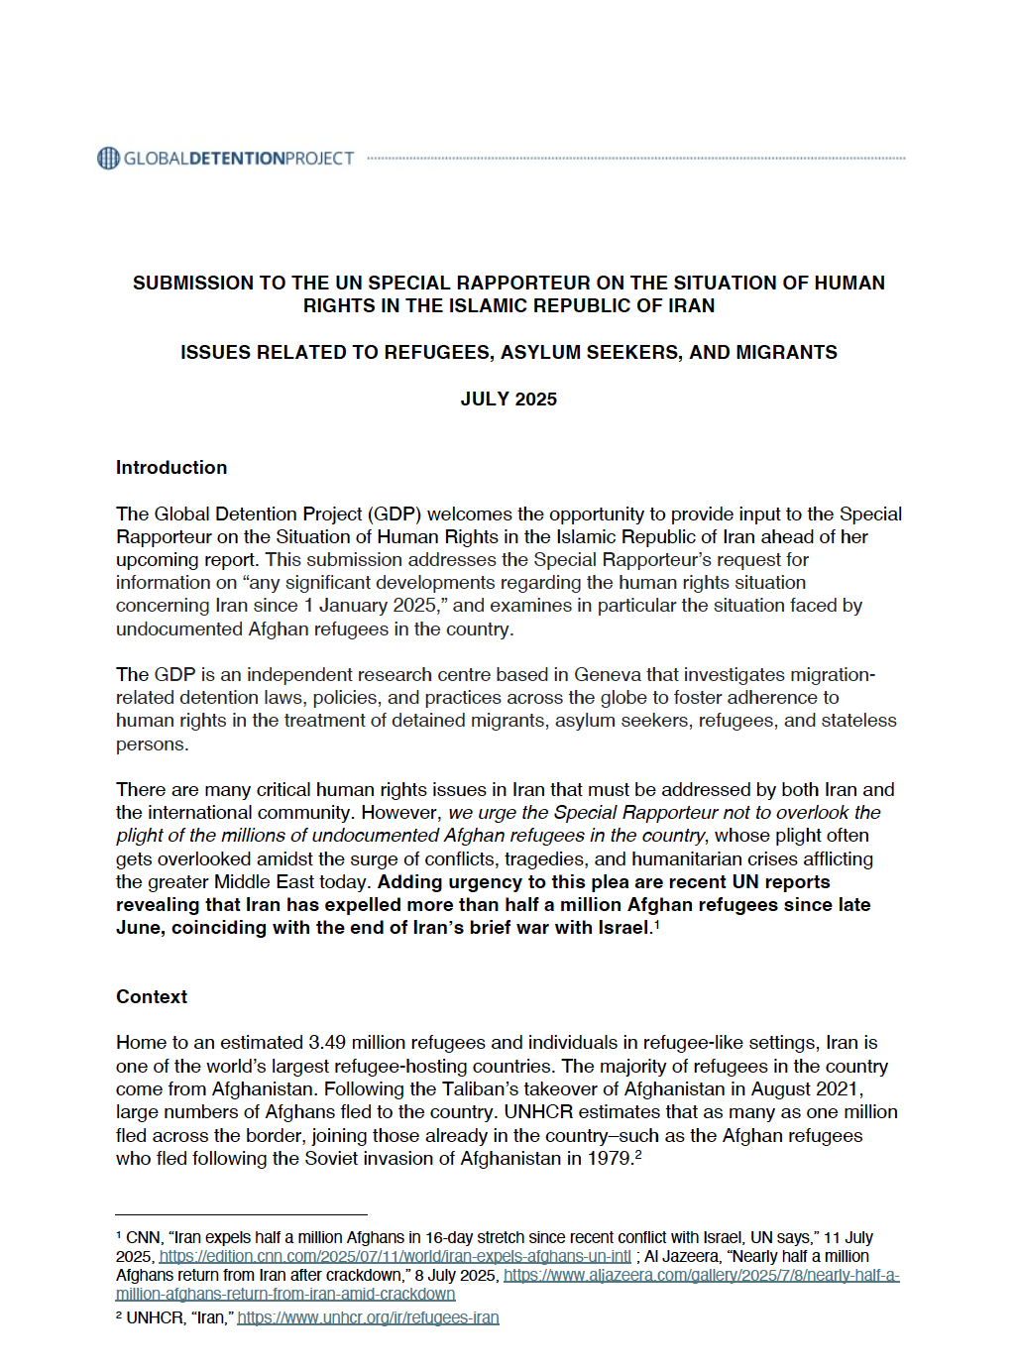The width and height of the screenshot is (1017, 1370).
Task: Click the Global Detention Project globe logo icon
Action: [x=108, y=158]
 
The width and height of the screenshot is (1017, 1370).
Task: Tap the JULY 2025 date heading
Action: [x=508, y=399]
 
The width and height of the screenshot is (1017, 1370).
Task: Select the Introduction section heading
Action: [x=171, y=467]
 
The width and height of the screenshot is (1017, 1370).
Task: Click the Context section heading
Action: [x=152, y=996]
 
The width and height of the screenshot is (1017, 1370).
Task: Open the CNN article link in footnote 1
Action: [x=395, y=1256]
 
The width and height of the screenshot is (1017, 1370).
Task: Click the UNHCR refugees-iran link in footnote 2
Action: [x=368, y=1317]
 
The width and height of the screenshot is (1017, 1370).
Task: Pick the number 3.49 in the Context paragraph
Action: [x=327, y=1042]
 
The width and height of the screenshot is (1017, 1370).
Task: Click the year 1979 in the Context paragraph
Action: [x=610, y=1158]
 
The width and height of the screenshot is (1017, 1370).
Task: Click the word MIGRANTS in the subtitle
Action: [x=789, y=352]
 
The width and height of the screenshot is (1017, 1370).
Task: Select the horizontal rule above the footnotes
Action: [x=241, y=1214]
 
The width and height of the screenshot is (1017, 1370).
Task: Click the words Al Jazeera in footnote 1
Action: [x=682, y=1256]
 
